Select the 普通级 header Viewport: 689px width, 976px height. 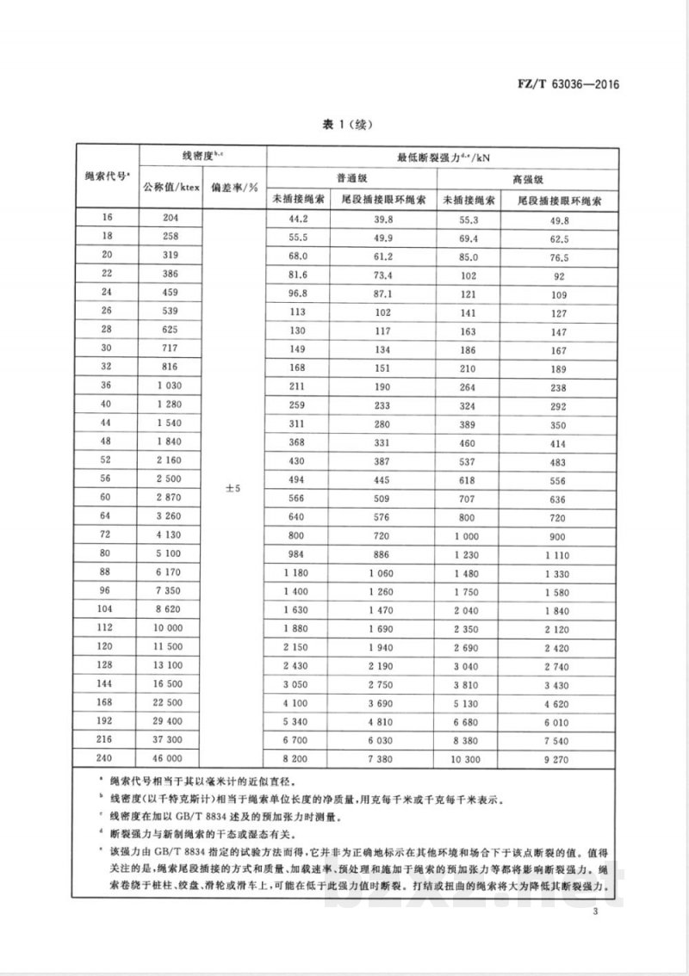pos(352,177)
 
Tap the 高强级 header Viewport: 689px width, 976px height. pos(528,177)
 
